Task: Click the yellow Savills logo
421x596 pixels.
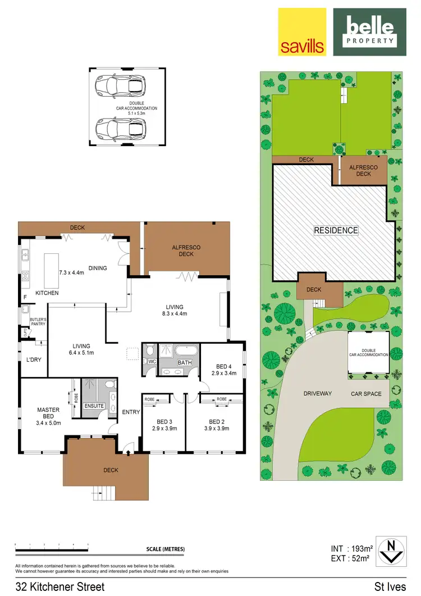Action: [302, 31]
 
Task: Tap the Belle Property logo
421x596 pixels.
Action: [369, 31]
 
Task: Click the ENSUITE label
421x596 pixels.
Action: [93, 405]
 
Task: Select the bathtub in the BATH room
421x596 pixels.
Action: [185, 353]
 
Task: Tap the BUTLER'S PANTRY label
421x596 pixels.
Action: [37, 321]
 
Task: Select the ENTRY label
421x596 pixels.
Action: [131, 412]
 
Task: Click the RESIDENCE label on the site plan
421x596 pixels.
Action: [335, 230]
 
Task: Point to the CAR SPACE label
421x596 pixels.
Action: [366, 394]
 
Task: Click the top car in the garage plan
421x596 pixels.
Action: [120, 86]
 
